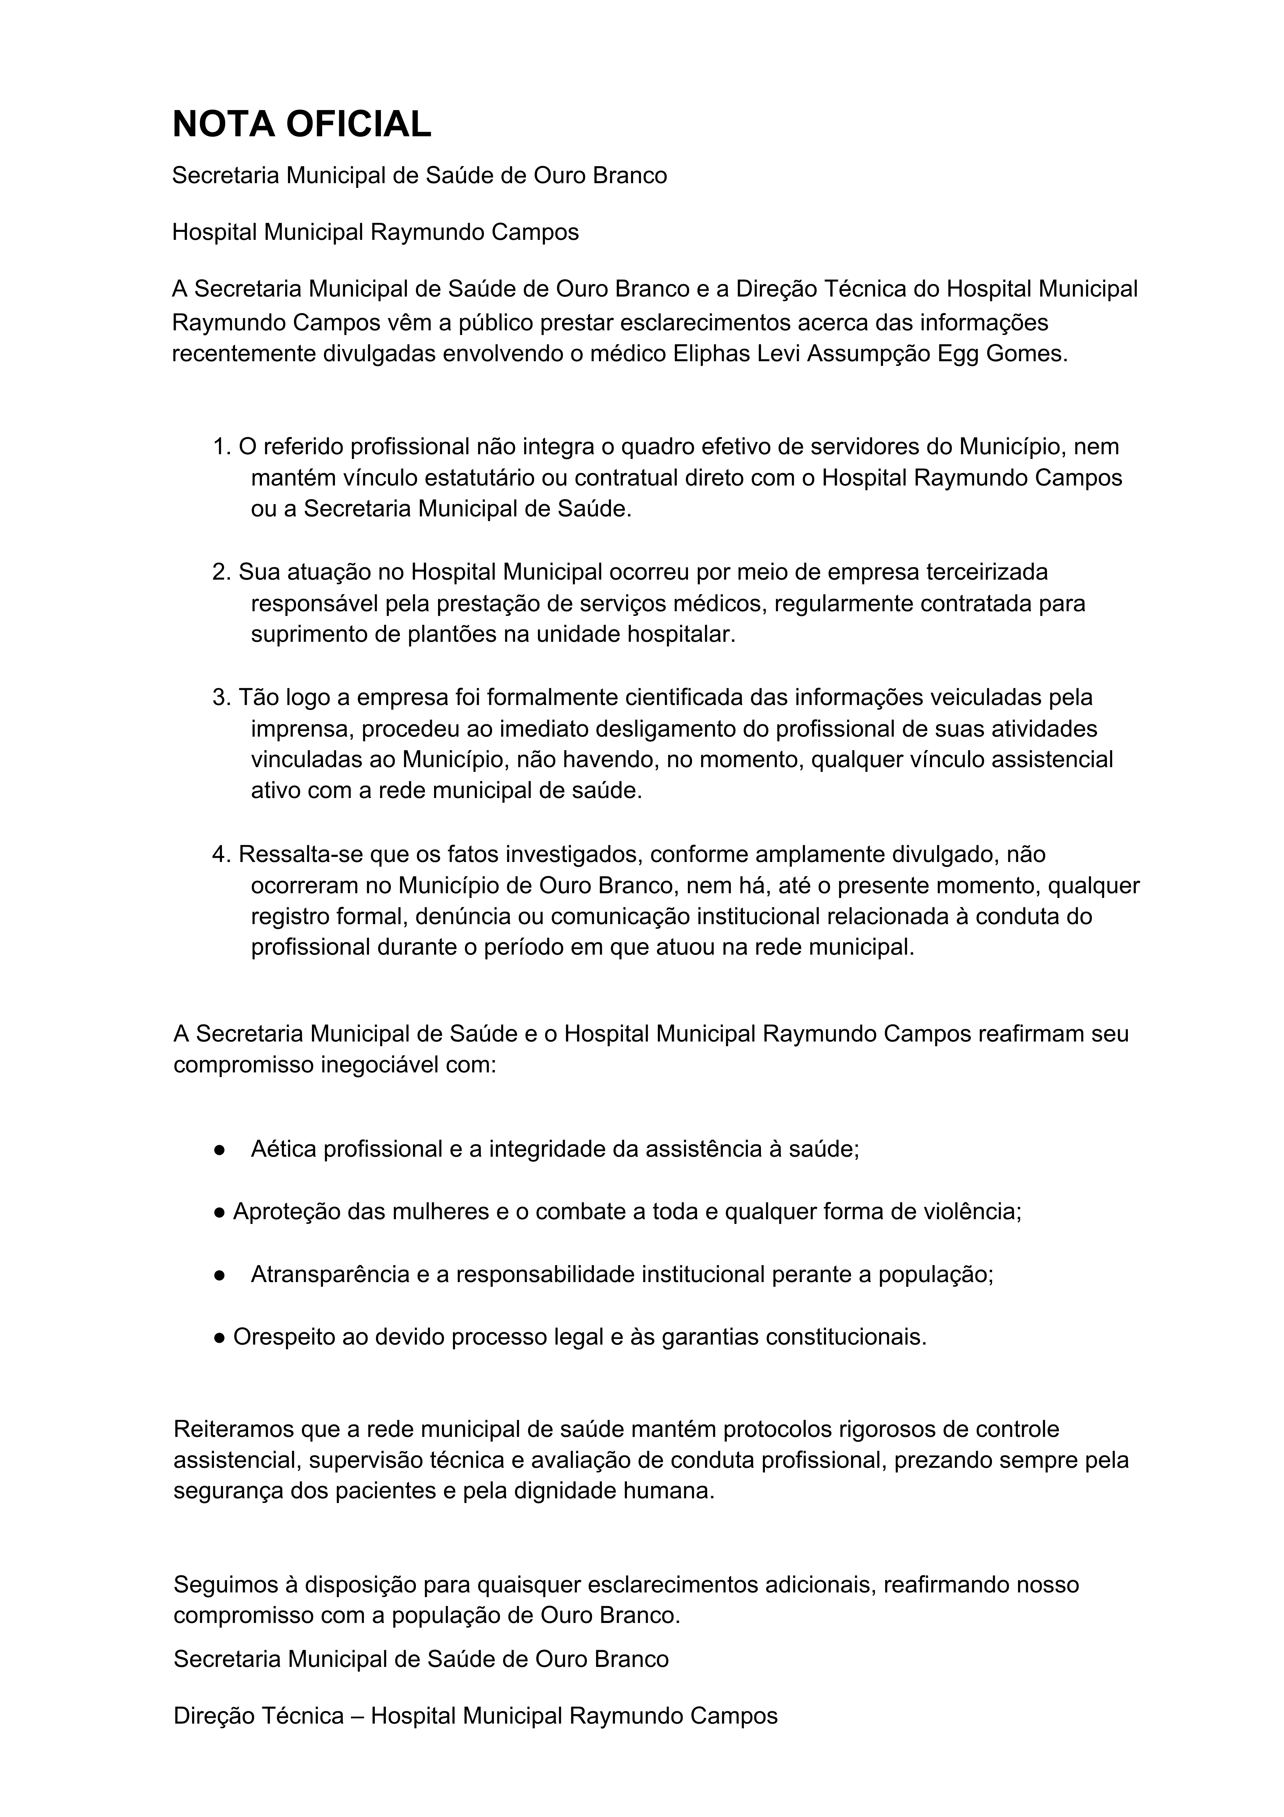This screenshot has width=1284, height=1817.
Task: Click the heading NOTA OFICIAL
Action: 301,124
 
